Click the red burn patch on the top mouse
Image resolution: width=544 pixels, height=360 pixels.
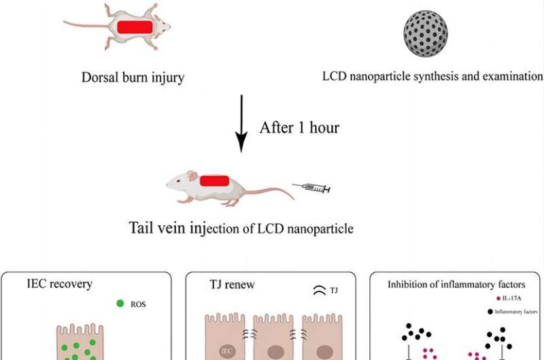click(x=135, y=27)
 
